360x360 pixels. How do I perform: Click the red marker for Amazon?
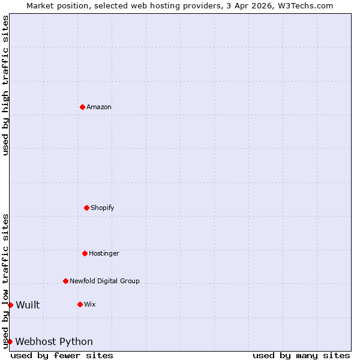coord(82,107)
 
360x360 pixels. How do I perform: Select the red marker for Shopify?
coord(86,208)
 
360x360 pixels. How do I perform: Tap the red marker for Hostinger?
coord(85,253)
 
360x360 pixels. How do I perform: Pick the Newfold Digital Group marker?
coord(65,281)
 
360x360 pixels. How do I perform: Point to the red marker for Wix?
coord(80,304)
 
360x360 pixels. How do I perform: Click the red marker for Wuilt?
coord(10,305)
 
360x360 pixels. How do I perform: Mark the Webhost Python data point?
coord(10,341)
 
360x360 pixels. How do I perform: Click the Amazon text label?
coord(99,107)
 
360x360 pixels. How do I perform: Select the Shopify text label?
coord(103,208)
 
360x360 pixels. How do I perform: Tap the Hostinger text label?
coord(104,253)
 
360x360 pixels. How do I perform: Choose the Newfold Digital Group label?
coord(104,281)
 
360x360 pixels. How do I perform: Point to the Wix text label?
coord(90,304)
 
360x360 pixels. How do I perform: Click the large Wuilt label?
coord(28,305)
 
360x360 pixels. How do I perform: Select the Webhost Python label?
coord(54,341)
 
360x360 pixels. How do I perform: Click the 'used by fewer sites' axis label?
coord(62,355)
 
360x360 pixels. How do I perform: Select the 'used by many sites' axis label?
coord(301,355)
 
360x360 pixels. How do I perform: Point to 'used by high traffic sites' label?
coord(5,85)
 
